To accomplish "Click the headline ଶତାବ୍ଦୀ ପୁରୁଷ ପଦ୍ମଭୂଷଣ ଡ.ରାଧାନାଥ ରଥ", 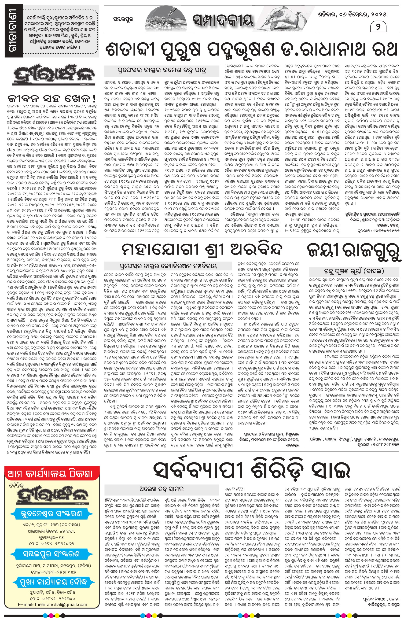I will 252,49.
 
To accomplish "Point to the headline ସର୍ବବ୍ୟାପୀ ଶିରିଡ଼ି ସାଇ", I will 252,470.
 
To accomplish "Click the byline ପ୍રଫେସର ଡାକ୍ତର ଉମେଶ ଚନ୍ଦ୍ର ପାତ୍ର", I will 162,70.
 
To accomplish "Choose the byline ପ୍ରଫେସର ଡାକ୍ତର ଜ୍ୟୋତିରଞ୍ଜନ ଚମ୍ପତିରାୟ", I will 168,266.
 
